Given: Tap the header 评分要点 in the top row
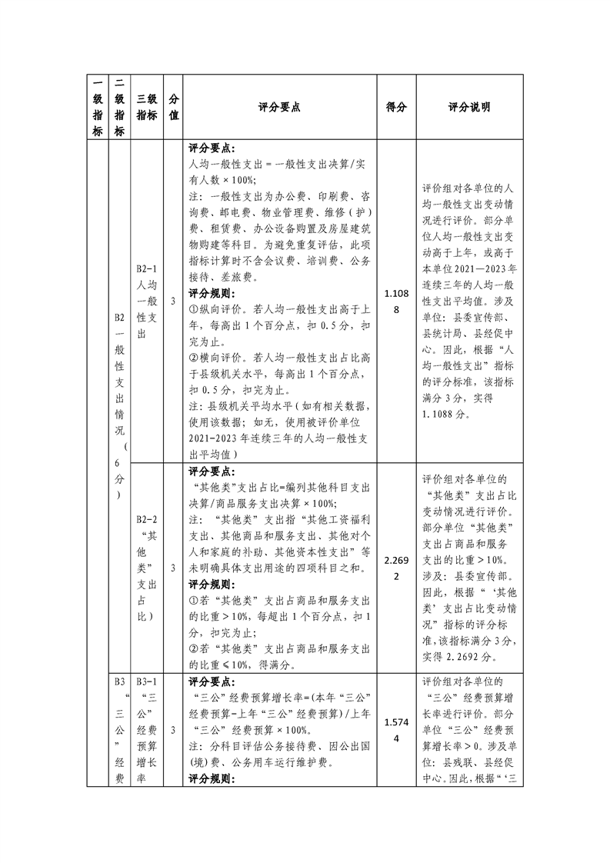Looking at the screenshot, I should [280, 108].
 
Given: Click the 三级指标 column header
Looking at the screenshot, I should [147, 108].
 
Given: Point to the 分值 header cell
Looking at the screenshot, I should [174, 108].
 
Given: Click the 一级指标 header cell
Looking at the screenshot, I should [98, 108].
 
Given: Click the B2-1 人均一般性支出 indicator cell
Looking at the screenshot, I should [147, 301].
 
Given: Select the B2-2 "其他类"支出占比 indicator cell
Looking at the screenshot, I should [147, 568].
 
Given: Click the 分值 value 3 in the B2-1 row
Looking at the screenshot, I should [174, 301].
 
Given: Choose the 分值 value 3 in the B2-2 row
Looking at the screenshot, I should [174, 568].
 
